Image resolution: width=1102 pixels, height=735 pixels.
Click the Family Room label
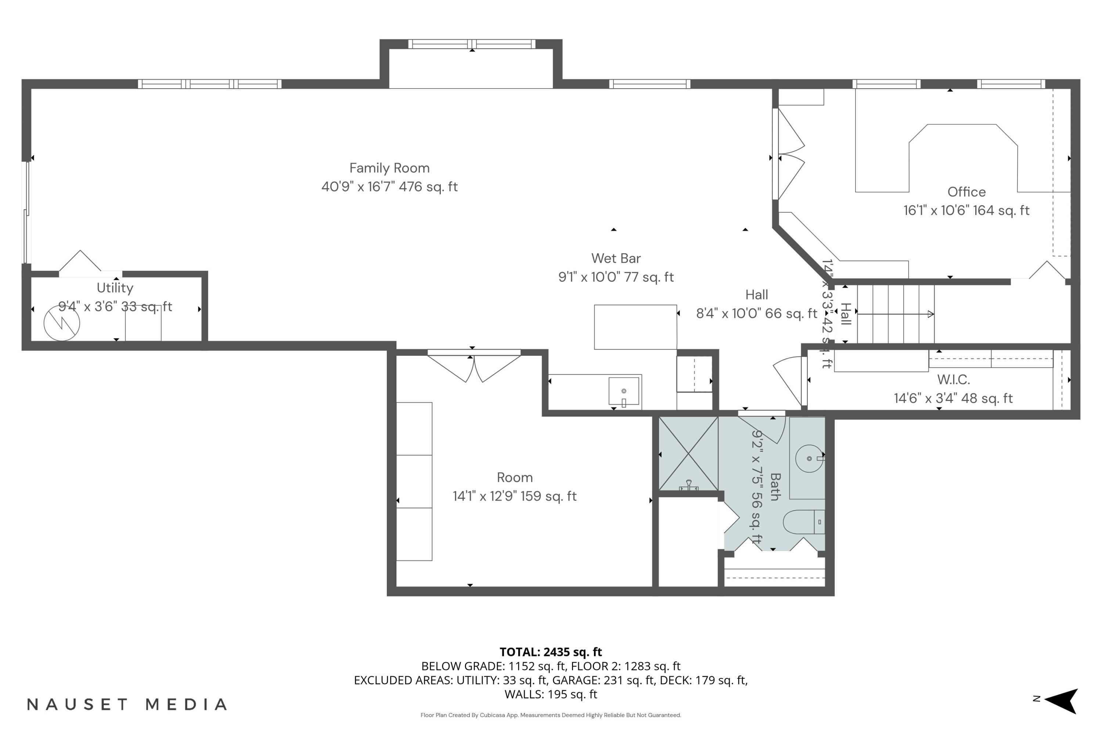(x=389, y=168)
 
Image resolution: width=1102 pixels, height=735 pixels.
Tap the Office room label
(x=966, y=192)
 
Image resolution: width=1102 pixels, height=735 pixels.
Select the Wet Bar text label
(x=616, y=258)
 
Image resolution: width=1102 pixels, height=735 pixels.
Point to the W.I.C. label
(x=953, y=379)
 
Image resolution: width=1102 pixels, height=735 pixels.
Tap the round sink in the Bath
(x=809, y=458)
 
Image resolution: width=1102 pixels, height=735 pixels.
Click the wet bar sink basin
(x=624, y=391)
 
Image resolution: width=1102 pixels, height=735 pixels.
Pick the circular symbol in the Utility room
(x=62, y=323)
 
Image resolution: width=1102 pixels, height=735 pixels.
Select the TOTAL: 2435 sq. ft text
(x=551, y=652)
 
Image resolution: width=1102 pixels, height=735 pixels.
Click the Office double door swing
(x=791, y=155)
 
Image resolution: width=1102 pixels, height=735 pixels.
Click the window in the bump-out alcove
(x=471, y=44)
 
